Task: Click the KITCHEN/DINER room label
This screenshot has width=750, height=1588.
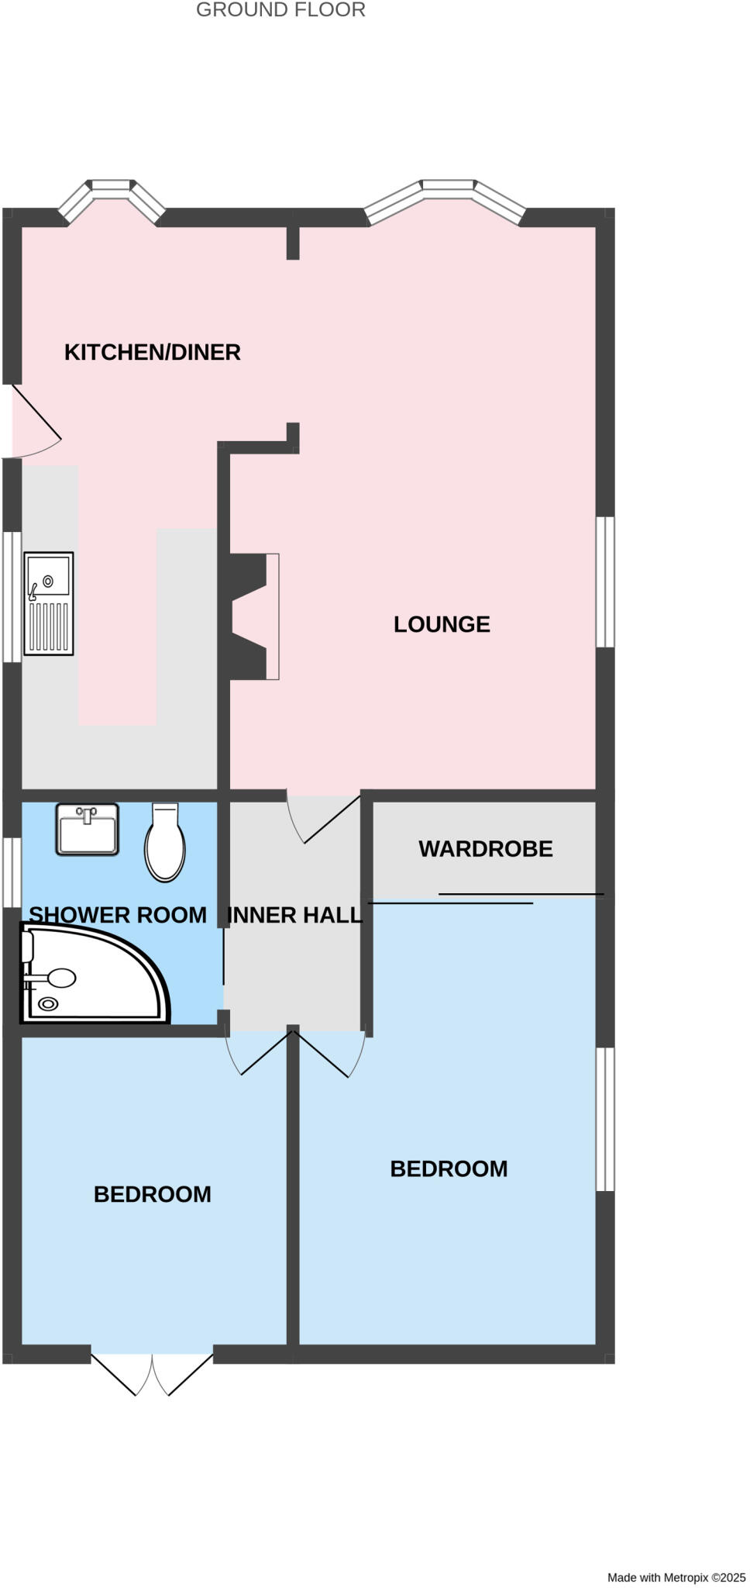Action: tap(152, 352)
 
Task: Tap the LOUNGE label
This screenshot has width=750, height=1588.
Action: tap(442, 624)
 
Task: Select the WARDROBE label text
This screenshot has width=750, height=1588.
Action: tap(486, 849)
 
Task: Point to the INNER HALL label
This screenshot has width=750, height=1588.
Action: tap(295, 915)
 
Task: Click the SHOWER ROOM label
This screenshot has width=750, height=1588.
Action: tap(118, 915)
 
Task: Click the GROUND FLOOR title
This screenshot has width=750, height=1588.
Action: tap(280, 10)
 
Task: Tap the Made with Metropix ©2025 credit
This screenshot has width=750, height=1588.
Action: tap(676, 1577)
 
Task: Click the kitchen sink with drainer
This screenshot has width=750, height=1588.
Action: tap(49, 603)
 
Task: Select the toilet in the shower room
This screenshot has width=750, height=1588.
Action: tap(165, 843)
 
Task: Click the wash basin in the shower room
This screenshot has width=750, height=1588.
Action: tap(88, 829)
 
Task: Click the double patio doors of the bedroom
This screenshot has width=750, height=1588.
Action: tap(152, 1372)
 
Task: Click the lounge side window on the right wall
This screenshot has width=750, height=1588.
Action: tap(605, 582)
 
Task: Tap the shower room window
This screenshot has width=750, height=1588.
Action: tap(12, 872)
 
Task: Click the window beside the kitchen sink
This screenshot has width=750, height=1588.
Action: tap(12, 596)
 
